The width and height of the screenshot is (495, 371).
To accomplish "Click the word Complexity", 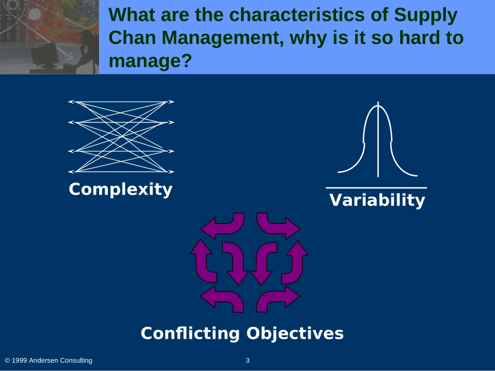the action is (x=120, y=189).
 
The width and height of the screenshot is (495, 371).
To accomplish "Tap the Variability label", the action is (x=377, y=200).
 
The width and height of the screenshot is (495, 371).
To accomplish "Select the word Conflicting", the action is (x=190, y=333).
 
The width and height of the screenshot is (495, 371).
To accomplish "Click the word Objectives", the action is (x=295, y=333).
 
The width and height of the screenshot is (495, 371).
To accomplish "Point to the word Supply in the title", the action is (x=426, y=15).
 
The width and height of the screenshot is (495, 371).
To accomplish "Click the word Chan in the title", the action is (x=132, y=37).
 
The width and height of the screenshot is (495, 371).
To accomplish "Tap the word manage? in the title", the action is (x=150, y=61).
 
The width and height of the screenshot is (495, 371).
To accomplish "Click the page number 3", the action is (x=247, y=360).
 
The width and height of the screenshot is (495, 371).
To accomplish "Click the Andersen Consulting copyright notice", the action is (x=48, y=360).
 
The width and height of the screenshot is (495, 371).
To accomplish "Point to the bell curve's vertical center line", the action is (x=378, y=139).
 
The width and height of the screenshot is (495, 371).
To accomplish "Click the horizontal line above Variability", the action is (x=376, y=187).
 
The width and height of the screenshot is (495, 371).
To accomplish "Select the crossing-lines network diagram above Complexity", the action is (x=121, y=136).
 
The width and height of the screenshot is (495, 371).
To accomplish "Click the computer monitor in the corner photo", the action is (x=44, y=55).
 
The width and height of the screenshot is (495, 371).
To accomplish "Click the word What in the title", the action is (x=132, y=15).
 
